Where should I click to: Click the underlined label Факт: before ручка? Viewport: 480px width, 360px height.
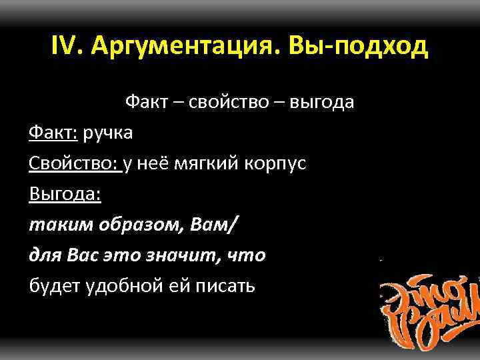click(x=53, y=133)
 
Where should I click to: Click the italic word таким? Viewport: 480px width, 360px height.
click(x=54, y=225)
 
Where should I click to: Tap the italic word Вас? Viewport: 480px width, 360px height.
click(x=84, y=255)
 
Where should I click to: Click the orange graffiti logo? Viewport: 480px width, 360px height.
click(x=430, y=303)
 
